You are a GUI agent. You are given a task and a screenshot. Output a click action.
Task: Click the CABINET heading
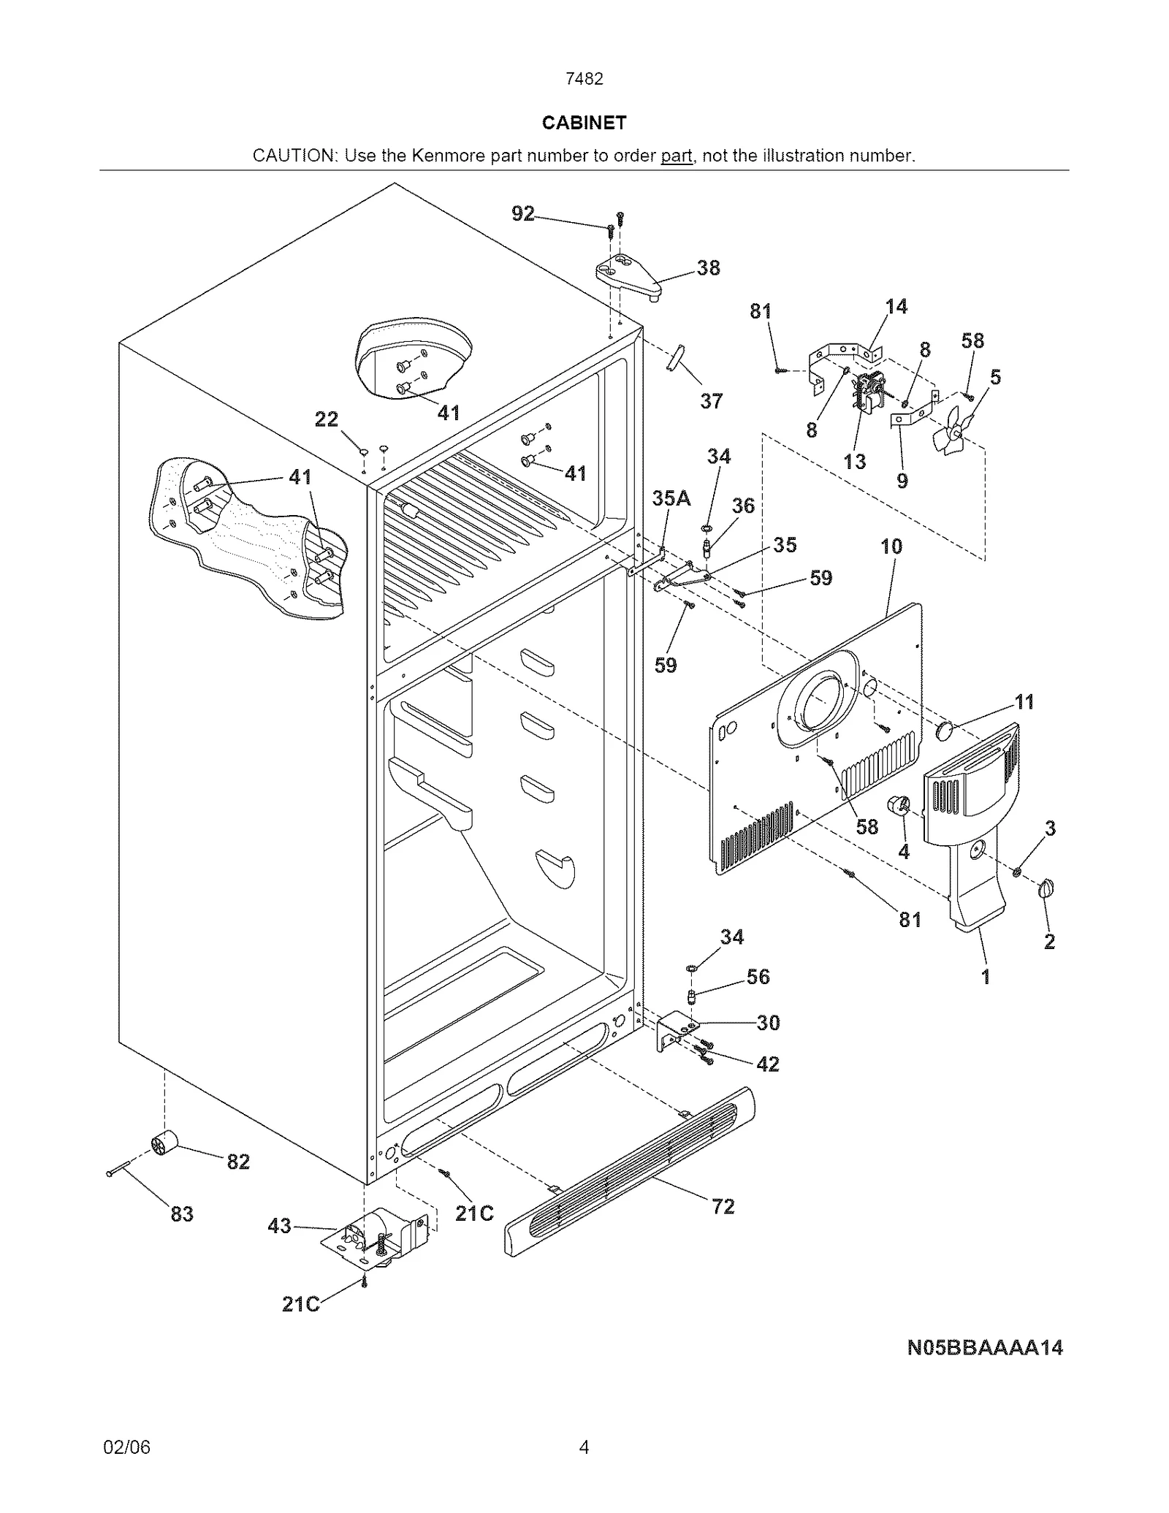(x=584, y=123)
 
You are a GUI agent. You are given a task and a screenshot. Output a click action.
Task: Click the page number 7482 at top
(x=584, y=79)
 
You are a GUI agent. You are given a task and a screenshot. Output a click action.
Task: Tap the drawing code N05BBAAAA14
(x=984, y=1348)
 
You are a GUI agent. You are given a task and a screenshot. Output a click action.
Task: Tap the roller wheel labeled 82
(x=165, y=1143)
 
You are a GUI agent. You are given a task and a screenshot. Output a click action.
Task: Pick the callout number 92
(x=523, y=213)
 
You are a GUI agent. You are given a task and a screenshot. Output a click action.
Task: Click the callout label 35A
(x=671, y=498)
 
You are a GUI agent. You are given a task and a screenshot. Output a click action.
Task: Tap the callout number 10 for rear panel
(x=891, y=546)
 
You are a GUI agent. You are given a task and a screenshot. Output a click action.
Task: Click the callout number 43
(x=279, y=1225)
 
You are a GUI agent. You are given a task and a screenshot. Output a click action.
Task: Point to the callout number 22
(x=326, y=419)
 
